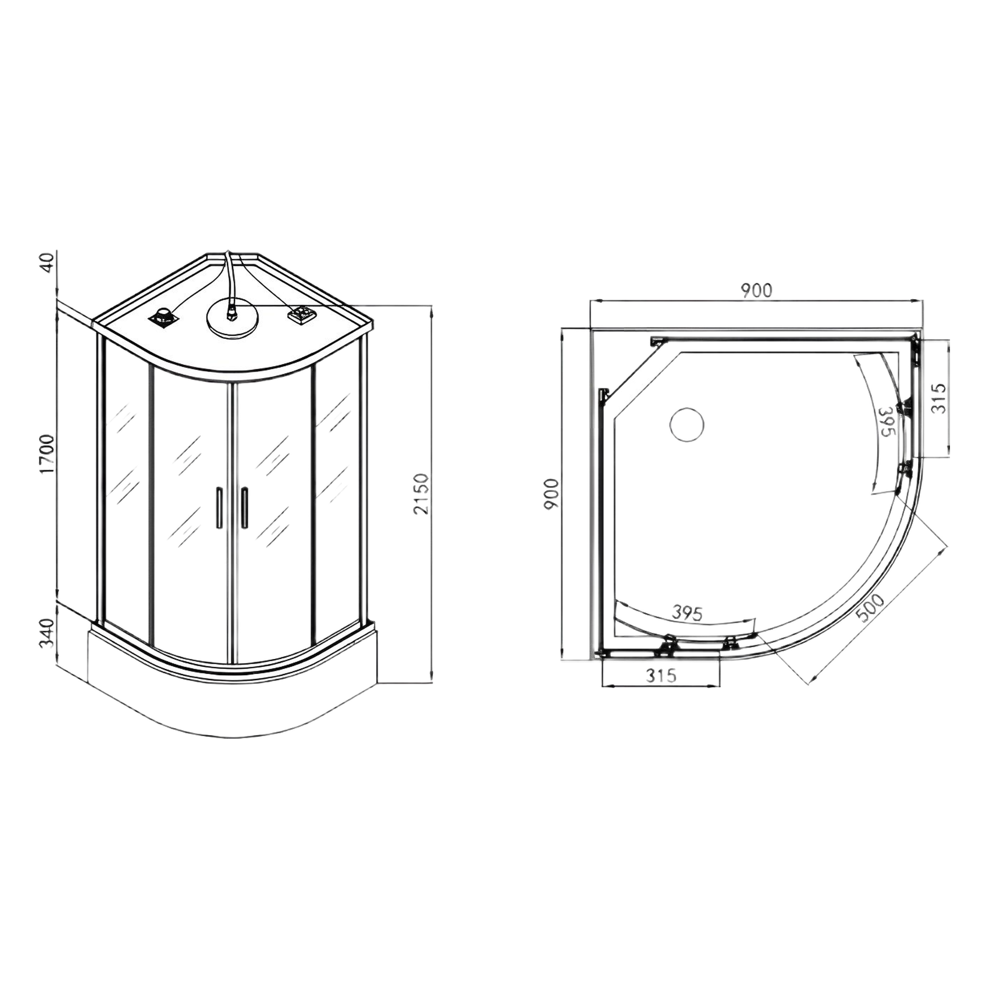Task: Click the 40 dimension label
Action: coord(47,263)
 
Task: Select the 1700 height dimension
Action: coord(47,455)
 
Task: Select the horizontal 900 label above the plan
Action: coord(756,291)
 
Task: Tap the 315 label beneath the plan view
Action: coord(661,676)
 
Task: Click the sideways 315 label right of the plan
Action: coord(939,398)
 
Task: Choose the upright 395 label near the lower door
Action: coord(687,612)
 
